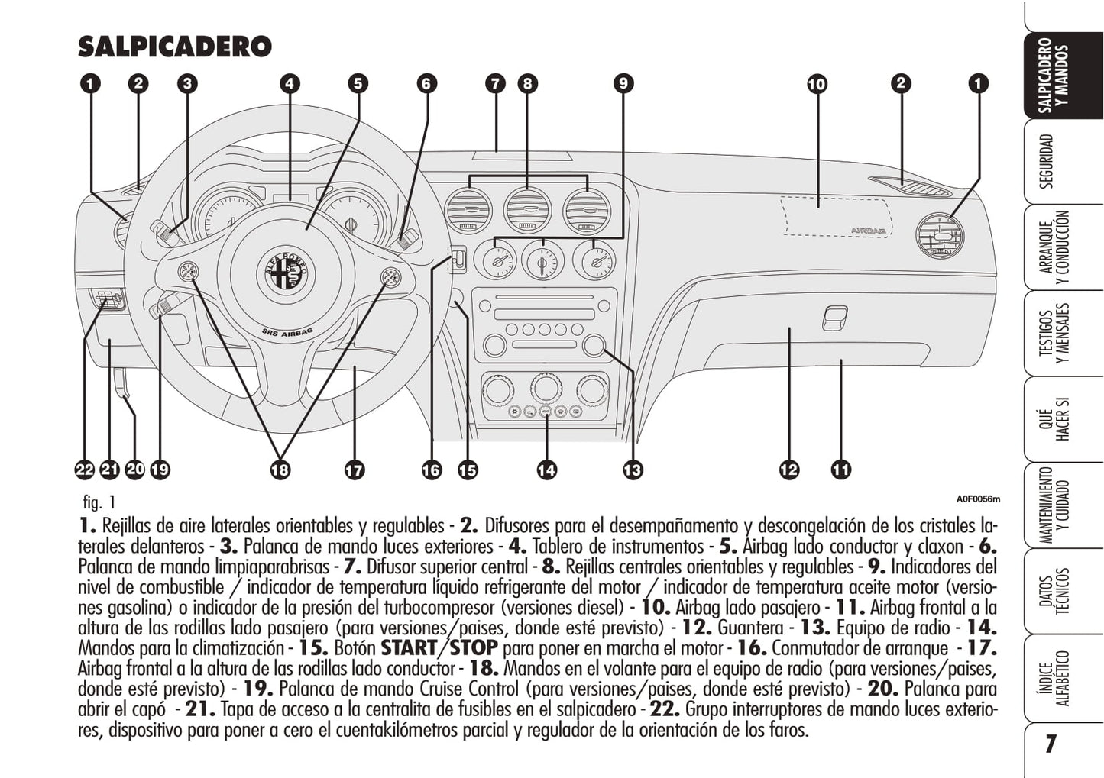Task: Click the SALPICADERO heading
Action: click(175, 47)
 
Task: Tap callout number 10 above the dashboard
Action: click(817, 83)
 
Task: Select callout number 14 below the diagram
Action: click(546, 470)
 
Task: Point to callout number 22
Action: click(84, 470)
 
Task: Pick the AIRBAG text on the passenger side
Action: click(869, 231)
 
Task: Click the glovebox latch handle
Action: click(834, 318)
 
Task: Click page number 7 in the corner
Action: click(1051, 744)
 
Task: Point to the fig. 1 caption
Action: click(99, 502)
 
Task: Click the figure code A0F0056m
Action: click(978, 499)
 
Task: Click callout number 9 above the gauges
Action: click(623, 83)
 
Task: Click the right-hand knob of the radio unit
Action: click(594, 346)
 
